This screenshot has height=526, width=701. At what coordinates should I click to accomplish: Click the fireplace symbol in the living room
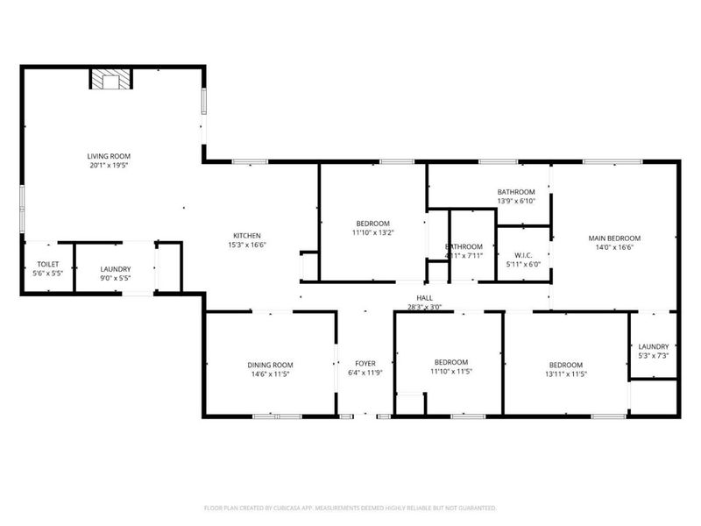[x=111, y=81]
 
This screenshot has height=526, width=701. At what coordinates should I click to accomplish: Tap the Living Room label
[x=115, y=156]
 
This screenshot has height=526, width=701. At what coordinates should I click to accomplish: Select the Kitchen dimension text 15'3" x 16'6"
[x=247, y=245]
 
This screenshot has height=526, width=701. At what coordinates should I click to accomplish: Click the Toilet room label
[x=47, y=265]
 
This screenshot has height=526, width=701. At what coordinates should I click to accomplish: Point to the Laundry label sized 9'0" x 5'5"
[x=116, y=269]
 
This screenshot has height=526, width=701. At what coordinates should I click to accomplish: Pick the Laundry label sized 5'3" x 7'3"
[x=654, y=346]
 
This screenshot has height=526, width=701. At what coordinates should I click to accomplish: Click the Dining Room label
[x=270, y=365]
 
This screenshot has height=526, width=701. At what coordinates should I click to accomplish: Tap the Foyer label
[x=365, y=363]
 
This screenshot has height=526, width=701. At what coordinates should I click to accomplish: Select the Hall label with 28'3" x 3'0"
[x=425, y=298]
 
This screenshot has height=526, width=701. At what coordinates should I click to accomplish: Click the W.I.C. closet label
[x=523, y=255]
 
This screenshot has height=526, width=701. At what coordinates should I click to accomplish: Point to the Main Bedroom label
[x=614, y=238]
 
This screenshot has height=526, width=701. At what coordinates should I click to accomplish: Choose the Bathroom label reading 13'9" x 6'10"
[x=516, y=192]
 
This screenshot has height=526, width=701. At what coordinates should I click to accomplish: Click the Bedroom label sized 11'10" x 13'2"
[x=372, y=224]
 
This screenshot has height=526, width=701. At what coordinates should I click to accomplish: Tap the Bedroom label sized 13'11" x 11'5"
[x=566, y=365]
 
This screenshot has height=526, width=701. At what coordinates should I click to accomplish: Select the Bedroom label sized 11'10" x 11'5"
[x=452, y=362]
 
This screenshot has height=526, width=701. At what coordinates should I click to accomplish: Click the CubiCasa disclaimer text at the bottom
[x=350, y=508]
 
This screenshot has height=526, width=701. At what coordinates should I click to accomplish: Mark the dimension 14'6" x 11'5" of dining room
[x=270, y=374]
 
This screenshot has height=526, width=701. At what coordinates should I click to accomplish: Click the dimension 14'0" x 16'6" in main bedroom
[x=614, y=247]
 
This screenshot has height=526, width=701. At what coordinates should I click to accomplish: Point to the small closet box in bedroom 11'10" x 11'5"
[x=410, y=403]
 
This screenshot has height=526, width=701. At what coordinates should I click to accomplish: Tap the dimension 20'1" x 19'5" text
[x=115, y=166]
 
